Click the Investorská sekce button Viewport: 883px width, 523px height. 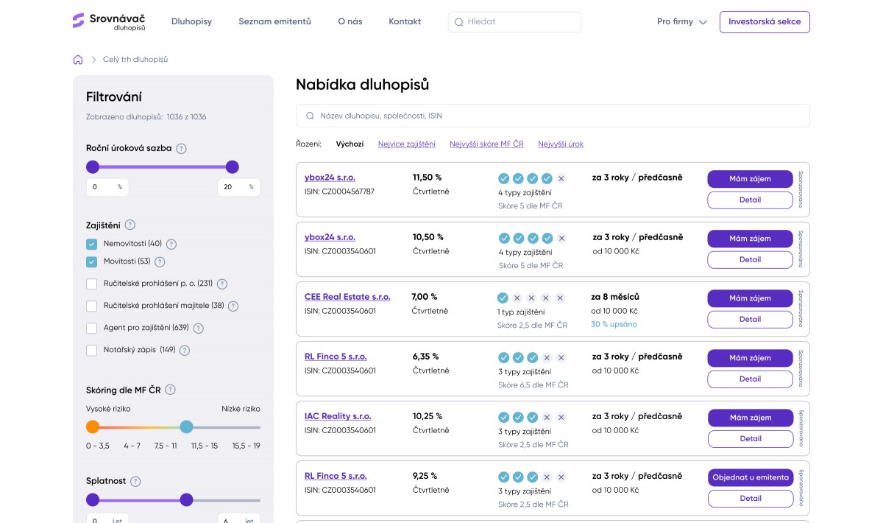(765, 21)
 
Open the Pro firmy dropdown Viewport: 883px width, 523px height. (682, 21)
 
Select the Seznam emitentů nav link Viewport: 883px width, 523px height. (274, 21)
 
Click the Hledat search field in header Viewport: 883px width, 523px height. (514, 21)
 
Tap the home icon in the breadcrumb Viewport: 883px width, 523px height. (78, 60)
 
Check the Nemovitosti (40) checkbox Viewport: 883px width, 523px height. (91, 244)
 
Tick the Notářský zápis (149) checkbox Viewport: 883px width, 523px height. (91, 350)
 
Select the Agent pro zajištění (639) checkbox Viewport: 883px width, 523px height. (91, 328)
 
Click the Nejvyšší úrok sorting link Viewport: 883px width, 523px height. (561, 144)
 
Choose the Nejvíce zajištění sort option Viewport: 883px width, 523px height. (406, 144)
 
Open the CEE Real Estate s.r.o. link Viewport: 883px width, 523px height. (347, 297)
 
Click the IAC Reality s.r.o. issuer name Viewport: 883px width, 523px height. (338, 416)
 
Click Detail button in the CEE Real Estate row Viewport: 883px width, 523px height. (750, 320)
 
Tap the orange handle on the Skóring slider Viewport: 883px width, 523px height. (93, 427)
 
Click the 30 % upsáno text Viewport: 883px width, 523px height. (614, 324)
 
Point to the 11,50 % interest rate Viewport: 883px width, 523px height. (427, 178)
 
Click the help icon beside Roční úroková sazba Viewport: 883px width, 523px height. (181, 148)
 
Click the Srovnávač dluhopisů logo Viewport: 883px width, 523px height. (109, 21)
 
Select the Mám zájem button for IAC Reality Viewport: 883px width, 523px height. (750, 418)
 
